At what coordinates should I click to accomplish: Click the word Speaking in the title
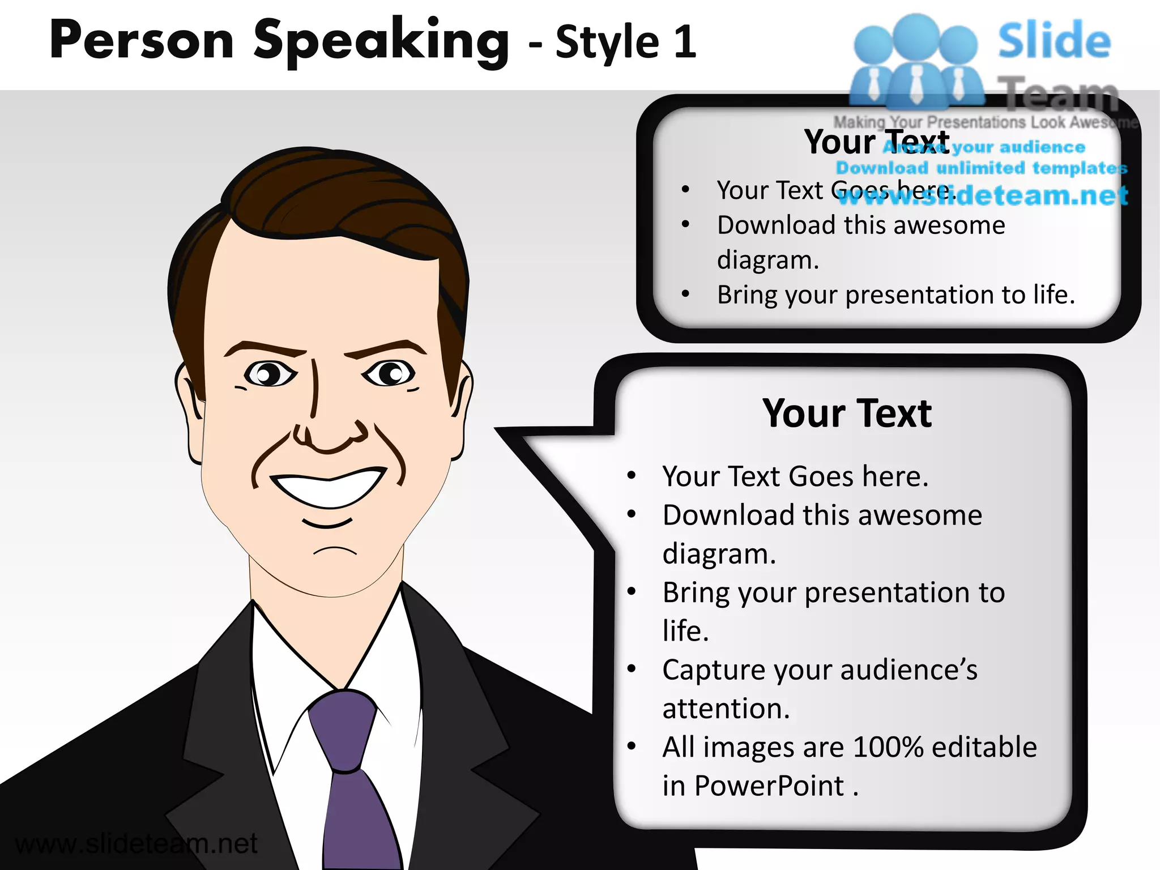click(x=381, y=41)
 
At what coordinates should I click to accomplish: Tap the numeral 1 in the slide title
click(x=685, y=42)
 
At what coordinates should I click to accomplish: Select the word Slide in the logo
click(x=1054, y=41)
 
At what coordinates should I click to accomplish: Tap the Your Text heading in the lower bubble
click(x=847, y=413)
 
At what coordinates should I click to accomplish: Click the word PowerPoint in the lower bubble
click(x=769, y=786)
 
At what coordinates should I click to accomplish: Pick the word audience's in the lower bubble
click(x=909, y=670)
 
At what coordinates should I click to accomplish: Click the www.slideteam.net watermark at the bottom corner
click(x=136, y=844)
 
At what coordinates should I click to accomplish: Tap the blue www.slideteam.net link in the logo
click(x=983, y=195)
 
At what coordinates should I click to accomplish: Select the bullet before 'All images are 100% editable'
click(x=632, y=747)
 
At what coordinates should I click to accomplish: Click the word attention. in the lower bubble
click(x=726, y=709)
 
